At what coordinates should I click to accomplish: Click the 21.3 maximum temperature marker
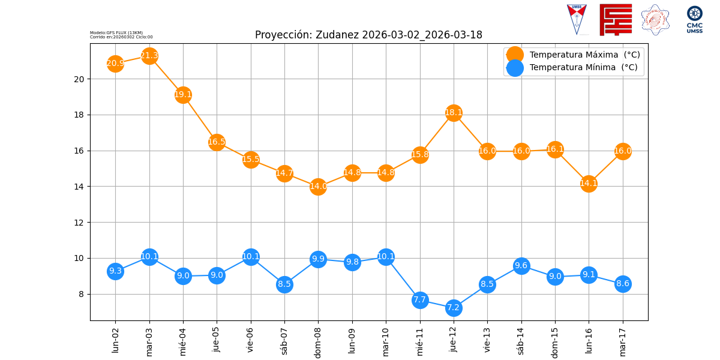[149, 56]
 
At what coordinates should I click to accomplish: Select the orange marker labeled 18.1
[454, 113]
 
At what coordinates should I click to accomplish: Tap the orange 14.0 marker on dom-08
[318, 187]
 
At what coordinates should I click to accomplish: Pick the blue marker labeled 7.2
[454, 308]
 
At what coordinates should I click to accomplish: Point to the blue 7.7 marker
[420, 299]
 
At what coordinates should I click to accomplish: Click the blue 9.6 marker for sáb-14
[521, 266]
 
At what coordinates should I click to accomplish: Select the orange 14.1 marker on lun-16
[589, 184]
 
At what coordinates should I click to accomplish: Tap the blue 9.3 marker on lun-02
[115, 271]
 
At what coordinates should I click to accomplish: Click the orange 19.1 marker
[183, 94]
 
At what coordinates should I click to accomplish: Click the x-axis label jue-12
[454, 340]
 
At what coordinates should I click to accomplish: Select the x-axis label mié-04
[183, 341]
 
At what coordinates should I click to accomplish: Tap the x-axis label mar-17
[623, 340]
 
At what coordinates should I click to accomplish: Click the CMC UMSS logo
[695, 19]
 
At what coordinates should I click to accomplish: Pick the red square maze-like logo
[616, 20]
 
